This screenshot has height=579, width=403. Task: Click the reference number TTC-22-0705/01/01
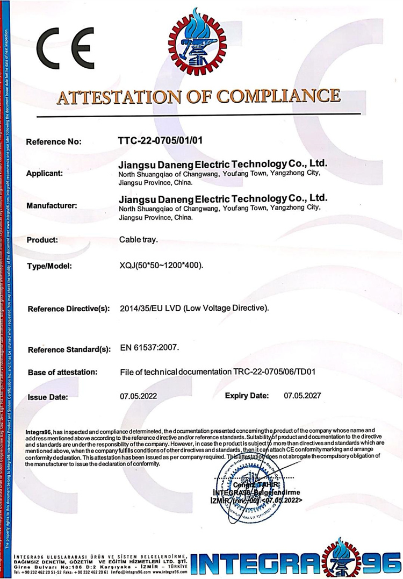tap(160, 141)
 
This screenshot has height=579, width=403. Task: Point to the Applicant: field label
tap(45, 174)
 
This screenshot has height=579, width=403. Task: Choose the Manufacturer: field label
tap(52, 205)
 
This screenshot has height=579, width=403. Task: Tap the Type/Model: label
tap(49, 266)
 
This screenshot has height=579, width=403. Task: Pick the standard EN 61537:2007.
tap(153, 348)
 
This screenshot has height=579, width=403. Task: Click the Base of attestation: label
tap(62, 371)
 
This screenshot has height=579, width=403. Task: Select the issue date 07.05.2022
tap(138, 396)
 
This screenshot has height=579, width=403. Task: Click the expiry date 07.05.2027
tap(302, 396)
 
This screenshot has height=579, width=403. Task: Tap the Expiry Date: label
tap(247, 396)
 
